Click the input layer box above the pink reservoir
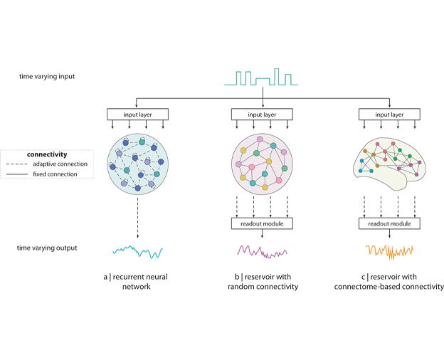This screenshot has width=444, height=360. click(263, 114)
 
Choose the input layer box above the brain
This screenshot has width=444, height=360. click(388, 114)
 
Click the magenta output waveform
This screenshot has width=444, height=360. click(263, 250)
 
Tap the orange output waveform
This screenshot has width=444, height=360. click(388, 250)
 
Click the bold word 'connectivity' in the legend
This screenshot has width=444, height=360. click(47, 154)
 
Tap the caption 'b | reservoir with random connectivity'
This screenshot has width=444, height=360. click(263, 280)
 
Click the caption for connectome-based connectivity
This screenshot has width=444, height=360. click(388, 280)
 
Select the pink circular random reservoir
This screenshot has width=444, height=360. click(263, 165)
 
